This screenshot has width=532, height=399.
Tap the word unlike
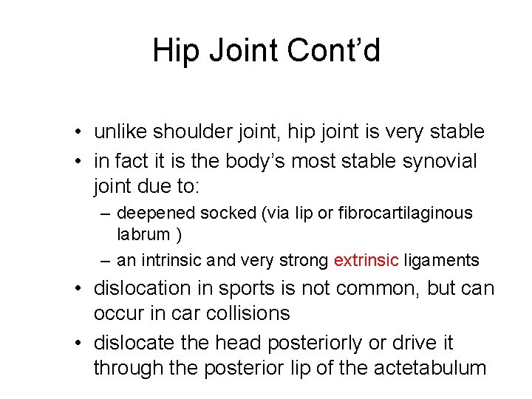pos(120,132)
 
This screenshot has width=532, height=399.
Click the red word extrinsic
pos(366,260)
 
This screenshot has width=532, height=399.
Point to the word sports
pos(253,288)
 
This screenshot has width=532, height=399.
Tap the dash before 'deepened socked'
pos(106,214)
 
